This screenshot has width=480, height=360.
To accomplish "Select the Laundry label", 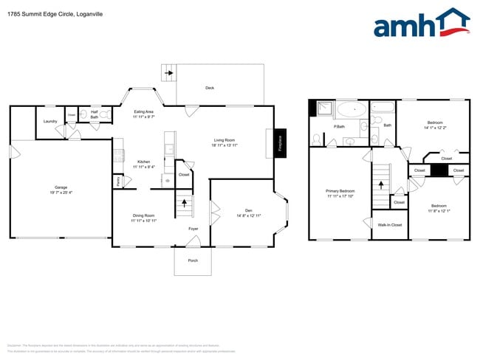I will coord(50,122).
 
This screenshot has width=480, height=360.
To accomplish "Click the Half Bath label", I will coord(95,115).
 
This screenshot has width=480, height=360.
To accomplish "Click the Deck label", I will coord(210,88).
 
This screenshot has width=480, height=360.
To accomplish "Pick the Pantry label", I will coord(117,180).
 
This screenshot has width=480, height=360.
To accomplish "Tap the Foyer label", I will coord(193,229).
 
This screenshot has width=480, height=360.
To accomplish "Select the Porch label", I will coord(193,260).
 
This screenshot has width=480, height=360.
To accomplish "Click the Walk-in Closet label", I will coord(390,225).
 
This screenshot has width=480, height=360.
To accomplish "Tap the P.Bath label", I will coord(340,127).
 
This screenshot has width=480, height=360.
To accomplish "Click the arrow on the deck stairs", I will coord(169,73).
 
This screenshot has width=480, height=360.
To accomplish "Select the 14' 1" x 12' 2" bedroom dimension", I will coord(435,128).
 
